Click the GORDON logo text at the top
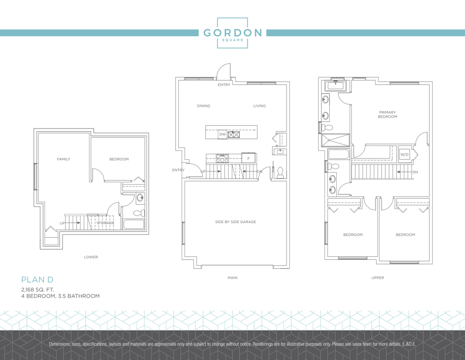[x=232, y=33]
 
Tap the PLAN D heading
[x=37, y=279]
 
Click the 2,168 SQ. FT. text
[x=37, y=290]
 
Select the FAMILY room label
[x=64, y=159]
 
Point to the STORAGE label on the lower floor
[x=105, y=223]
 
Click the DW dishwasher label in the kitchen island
[x=222, y=135]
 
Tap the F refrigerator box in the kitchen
[x=249, y=158]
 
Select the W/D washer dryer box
[x=405, y=154]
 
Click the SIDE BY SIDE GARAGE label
[x=236, y=222]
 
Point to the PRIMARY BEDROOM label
[x=387, y=114]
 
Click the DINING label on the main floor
[x=203, y=105]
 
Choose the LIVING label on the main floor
[x=259, y=105]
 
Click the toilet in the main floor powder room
[x=280, y=172]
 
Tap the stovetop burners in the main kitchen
[x=222, y=158]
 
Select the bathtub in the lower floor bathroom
[x=133, y=224]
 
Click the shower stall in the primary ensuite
[x=336, y=140]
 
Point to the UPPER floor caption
[x=377, y=278]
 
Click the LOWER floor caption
[x=91, y=257]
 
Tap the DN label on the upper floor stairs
[x=415, y=172]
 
